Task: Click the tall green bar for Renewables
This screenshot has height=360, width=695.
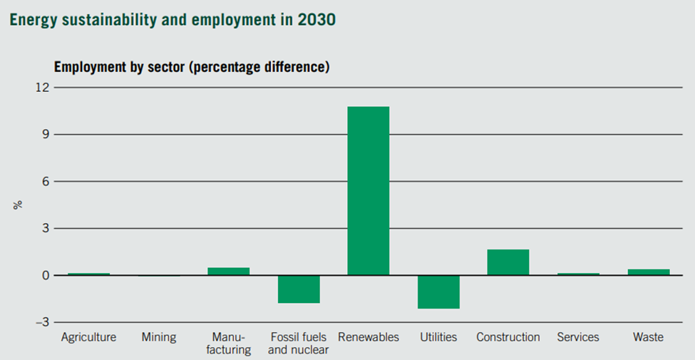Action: pyautogui.click(x=368, y=190)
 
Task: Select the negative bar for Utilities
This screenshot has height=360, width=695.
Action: pyautogui.click(x=438, y=292)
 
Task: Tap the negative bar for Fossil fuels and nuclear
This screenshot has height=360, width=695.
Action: pyautogui.click(x=299, y=289)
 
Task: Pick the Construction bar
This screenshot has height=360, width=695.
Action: pyautogui.click(x=508, y=262)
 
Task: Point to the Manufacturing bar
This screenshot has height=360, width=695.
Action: pyautogui.click(x=228, y=271)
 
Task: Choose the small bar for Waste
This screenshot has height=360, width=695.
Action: pyautogui.click(x=648, y=272)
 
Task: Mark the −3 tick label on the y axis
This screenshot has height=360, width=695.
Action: pyautogui.click(x=43, y=322)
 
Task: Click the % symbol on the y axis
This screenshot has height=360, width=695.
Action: pyautogui.click(x=19, y=205)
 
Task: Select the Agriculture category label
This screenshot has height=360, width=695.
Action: pyautogui.click(x=88, y=337)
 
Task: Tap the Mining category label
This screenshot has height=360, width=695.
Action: pyautogui.click(x=158, y=337)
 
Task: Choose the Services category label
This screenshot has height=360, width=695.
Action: pyautogui.click(x=578, y=337)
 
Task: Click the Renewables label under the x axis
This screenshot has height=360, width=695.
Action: pyautogui.click(x=369, y=337)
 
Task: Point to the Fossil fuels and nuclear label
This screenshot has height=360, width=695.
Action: pyautogui.click(x=299, y=343)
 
